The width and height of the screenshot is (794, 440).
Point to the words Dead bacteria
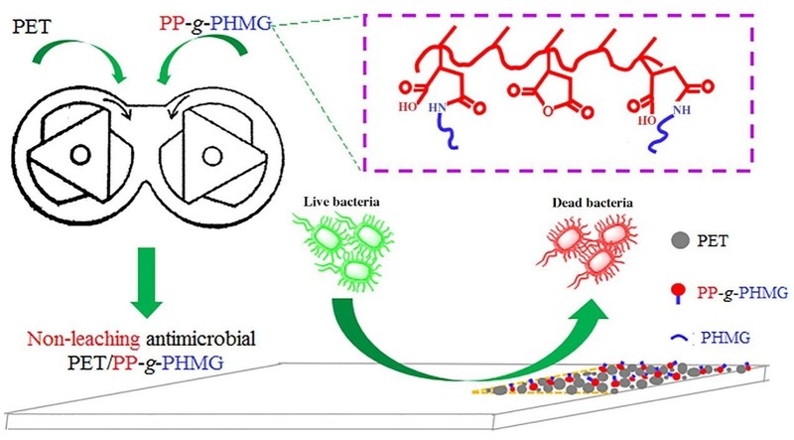pos(592,205)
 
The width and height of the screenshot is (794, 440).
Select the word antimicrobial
pos(199,339)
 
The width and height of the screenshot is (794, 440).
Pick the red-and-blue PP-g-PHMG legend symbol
pos(678,291)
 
